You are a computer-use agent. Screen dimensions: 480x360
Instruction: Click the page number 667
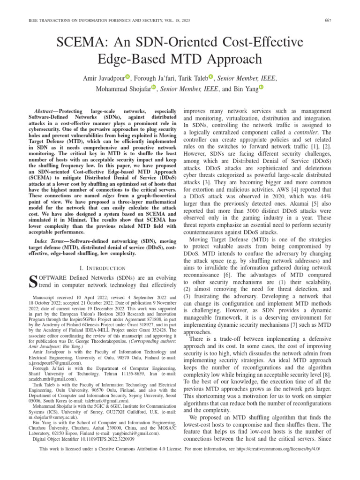pos(345,19)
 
